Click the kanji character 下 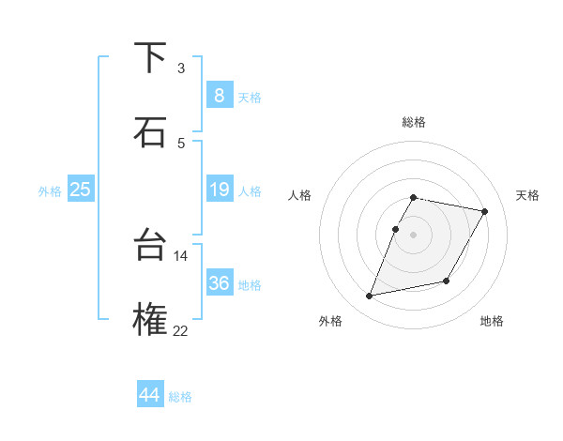(150, 58)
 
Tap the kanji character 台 (150, 246)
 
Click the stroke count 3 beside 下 (181, 68)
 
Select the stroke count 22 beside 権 (181, 329)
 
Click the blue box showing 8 (219, 95)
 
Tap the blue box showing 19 (219, 190)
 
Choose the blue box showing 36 (219, 283)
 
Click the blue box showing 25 (80, 190)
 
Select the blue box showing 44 (149, 395)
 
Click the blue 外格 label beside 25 (50, 191)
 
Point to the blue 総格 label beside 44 (180, 397)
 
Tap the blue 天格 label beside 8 (250, 97)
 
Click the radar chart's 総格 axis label (414, 122)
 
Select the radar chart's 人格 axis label (300, 195)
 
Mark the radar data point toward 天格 (485, 212)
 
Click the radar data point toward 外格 (370, 297)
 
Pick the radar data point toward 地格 (447, 281)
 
